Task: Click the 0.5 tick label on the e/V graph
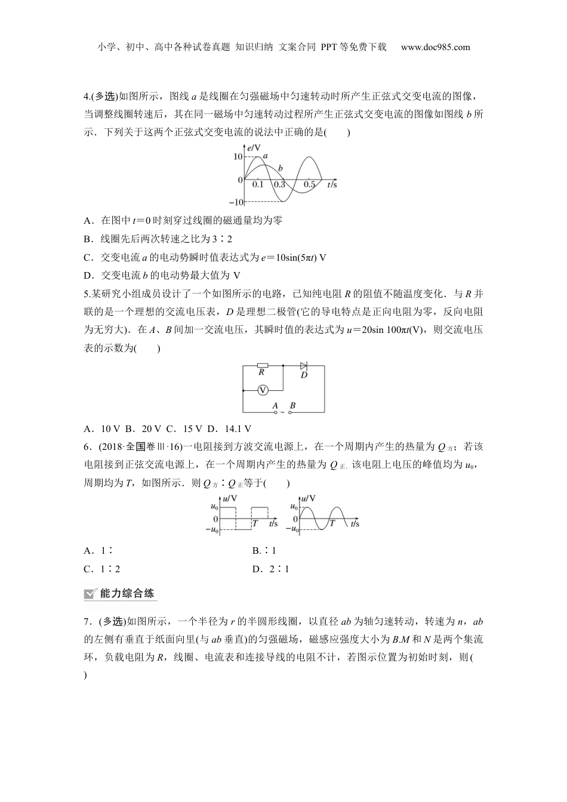coord(309,185)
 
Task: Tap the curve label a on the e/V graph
coord(265,155)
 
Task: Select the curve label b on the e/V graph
coord(280,168)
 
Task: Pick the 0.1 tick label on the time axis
coord(257,185)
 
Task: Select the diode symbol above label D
coord(303,365)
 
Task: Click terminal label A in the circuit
coord(275,406)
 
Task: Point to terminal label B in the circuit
coord(292,406)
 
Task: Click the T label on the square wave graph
coord(255,523)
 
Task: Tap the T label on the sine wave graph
coord(332,523)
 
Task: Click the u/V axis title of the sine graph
coord(308,498)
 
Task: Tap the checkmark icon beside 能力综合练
coord(91,593)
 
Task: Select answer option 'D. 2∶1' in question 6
coord(270,569)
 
